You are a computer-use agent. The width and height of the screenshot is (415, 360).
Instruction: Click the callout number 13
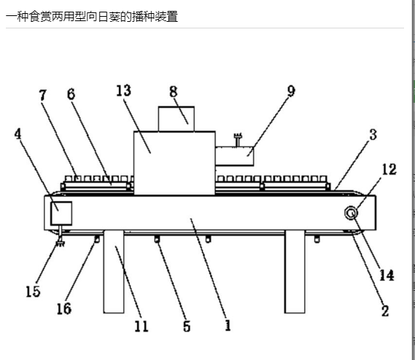123,90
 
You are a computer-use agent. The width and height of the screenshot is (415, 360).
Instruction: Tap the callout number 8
174,92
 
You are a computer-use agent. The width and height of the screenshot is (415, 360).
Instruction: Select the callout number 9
291,91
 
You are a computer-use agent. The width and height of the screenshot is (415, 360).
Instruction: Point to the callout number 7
43,95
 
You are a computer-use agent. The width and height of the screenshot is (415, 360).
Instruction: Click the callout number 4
18,133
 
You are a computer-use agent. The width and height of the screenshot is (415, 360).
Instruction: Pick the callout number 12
389,169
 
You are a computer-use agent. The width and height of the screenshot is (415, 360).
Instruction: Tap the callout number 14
387,275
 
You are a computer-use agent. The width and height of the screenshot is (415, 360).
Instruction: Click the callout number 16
64,309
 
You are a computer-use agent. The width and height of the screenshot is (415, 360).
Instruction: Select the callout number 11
141,326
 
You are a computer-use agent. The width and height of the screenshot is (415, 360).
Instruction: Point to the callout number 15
33,291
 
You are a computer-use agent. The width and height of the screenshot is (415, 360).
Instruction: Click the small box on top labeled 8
177,119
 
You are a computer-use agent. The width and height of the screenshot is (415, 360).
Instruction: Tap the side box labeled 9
235,157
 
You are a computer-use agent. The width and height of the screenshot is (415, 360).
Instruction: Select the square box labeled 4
61,214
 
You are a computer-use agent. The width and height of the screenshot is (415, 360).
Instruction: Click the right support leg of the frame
295,272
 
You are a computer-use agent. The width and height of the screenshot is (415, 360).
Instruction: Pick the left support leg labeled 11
114,272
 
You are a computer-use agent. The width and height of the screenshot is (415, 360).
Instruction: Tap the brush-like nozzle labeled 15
61,243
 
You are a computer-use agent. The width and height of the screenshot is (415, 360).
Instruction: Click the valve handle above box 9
238,140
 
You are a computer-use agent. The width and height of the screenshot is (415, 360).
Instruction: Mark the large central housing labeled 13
174,163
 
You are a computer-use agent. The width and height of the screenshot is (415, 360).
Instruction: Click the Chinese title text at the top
92,17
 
